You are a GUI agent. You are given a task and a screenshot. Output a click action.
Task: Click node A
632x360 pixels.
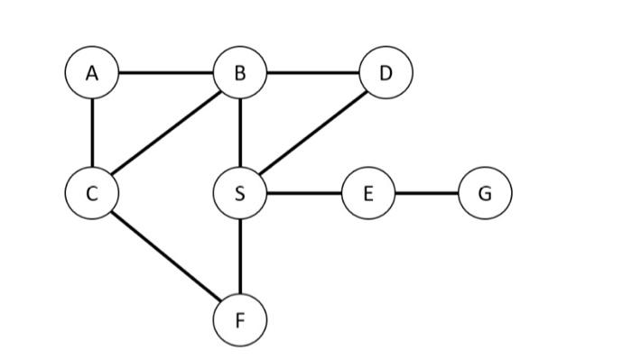pos(92,73)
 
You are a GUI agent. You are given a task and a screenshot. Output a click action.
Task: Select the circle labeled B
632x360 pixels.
pos(239,73)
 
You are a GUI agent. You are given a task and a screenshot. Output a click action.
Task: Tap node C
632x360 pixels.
pos(92,192)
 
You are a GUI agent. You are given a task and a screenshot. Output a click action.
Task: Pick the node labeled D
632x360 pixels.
pos(386,73)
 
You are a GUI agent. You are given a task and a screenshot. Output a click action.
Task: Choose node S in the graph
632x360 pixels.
pos(239,192)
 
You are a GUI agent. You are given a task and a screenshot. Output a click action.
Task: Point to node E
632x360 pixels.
pos(367,192)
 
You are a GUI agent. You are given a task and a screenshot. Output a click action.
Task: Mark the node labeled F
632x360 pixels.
pos(239,318)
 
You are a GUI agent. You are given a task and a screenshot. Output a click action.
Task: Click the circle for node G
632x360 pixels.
pos(485,192)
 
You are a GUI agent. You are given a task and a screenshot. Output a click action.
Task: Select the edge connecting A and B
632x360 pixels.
pos(165,73)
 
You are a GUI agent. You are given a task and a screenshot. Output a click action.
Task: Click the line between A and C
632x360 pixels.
pos(92,133)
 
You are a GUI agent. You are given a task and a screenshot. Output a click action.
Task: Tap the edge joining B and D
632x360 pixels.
pos(312,73)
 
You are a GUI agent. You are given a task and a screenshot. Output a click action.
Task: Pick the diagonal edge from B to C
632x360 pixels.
pos(165,133)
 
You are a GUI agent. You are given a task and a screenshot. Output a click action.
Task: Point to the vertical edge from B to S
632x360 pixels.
pos(239,133)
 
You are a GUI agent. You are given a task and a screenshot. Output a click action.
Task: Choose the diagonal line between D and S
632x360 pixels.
pos(313,132)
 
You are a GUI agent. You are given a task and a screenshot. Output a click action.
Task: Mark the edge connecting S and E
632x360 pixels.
pos(303,192)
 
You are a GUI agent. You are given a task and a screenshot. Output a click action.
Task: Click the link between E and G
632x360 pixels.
pos(426,192)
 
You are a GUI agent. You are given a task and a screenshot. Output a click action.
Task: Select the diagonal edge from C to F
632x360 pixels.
pos(165,255)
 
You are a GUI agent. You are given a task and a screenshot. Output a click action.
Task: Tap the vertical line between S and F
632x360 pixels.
pos(239,255)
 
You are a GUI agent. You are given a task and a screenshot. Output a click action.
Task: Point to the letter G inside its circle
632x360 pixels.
pos(485,192)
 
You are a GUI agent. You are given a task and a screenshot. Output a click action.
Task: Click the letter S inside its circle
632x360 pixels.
pos(239,192)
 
